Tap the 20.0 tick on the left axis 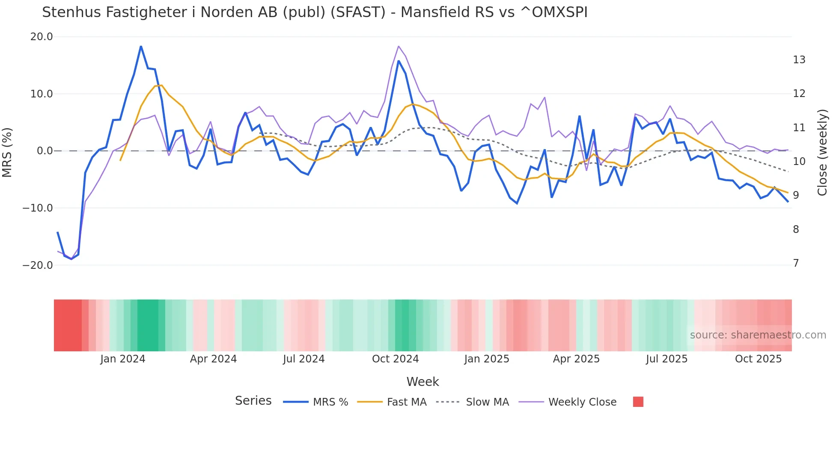click(x=42, y=37)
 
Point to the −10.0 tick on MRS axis click(x=38, y=208)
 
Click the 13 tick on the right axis click(x=799, y=60)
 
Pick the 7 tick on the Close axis click(x=796, y=263)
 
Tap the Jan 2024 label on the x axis click(x=123, y=359)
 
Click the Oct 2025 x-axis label click(x=758, y=359)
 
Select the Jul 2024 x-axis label click(x=303, y=359)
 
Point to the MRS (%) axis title click(x=7, y=152)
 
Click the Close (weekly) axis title click(x=822, y=153)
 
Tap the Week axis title click(x=422, y=382)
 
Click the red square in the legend click(x=638, y=402)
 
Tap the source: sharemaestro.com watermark click(x=758, y=335)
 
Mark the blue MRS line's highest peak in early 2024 click(x=141, y=46)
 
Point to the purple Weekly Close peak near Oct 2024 click(x=399, y=46)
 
